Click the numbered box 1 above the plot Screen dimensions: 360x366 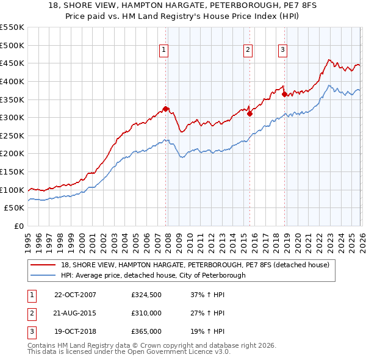pyautogui.click(x=165, y=51)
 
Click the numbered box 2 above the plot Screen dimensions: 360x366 pyautogui.click(x=249, y=51)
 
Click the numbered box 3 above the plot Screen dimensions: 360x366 pyautogui.click(x=283, y=51)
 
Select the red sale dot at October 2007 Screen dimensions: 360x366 pyautogui.click(x=165, y=109)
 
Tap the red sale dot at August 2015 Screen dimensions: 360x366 pyautogui.click(x=249, y=113)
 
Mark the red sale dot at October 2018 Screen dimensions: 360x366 pyautogui.click(x=284, y=94)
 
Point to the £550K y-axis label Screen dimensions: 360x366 pyautogui.click(x=12, y=27)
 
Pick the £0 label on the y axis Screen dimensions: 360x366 pyautogui.click(x=19, y=226)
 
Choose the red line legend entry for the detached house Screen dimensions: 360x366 pyautogui.click(x=195, y=265)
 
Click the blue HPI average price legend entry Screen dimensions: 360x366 pyautogui.click(x=152, y=275)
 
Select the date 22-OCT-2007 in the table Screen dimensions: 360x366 pyautogui.click(x=75, y=295)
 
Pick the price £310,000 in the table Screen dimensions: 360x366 pyautogui.click(x=146, y=313)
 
